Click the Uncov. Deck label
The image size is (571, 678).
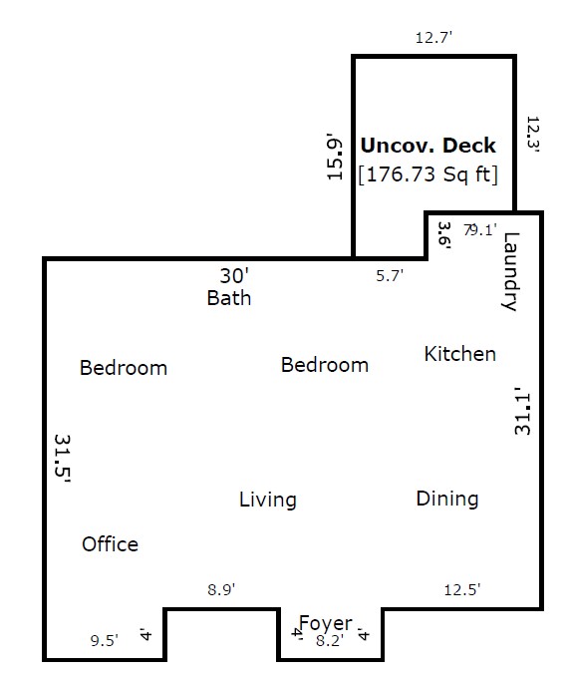click(x=428, y=146)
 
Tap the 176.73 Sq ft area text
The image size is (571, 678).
click(x=428, y=174)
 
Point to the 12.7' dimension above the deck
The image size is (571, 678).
click(x=433, y=38)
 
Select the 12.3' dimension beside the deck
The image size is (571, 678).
click(x=533, y=134)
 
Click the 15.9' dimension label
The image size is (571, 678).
click(x=335, y=157)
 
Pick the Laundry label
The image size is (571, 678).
click(x=510, y=271)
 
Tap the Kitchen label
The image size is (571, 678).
click(x=460, y=354)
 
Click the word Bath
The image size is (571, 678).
click(x=229, y=298)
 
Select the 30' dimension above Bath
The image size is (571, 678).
click(x=234, y=276)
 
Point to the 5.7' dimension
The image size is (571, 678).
click(x=390, y=275)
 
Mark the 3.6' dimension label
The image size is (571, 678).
click(x=444, y=235)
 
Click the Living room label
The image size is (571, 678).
click(x=268, y=500)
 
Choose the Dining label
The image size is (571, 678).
click(x=447, y=499)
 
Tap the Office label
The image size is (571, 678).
click(x=111, y=544)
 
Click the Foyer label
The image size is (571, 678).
click(x=326, y=623)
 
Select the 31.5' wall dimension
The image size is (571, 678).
click(x=63, y=459)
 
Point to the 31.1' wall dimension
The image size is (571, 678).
click(x=522, y=411)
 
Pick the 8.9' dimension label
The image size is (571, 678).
click(x=221, y=589)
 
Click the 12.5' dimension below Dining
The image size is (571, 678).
click(x=462, y=590)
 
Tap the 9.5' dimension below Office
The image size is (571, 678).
click(x=105, y=640)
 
